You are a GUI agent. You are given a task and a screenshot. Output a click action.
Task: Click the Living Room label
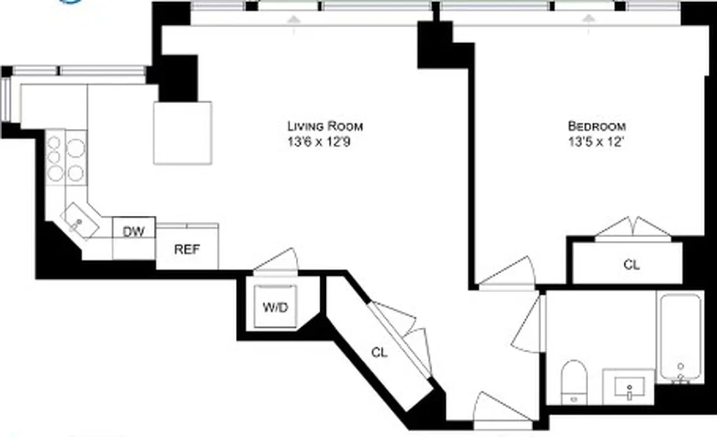point(325,126)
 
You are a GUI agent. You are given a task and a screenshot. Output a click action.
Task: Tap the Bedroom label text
point(597,126)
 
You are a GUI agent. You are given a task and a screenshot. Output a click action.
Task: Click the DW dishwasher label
point(134,232)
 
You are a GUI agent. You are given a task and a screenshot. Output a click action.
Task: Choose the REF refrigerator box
point(187,250)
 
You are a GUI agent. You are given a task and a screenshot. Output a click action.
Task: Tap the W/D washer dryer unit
point(276,306)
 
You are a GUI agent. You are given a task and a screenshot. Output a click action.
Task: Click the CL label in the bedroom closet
point(631,265)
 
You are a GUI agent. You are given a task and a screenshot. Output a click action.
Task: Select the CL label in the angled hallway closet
point(380,353)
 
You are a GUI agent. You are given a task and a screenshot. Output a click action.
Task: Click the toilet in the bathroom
point(573,380)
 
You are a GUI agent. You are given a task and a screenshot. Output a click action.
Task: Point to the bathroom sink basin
point(629,387)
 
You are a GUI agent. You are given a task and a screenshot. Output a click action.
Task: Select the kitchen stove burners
point(66,158)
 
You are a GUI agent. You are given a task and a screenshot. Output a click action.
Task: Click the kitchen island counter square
point(182,132)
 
